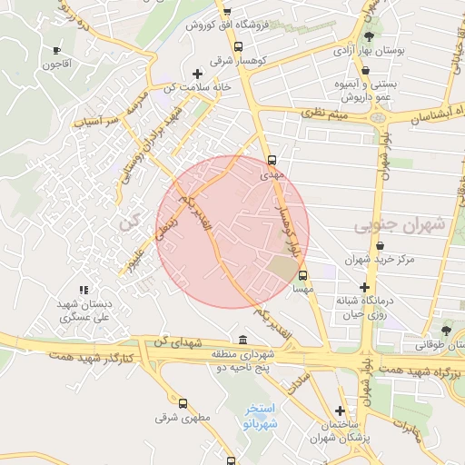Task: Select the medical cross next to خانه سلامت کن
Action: tap(197, 74)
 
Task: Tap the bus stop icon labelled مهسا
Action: tap(302, 275)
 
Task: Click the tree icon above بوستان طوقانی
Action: tap(444, 330)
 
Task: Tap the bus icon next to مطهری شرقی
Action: tap(183, 402)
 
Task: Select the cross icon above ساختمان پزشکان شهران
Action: tap(340, 411)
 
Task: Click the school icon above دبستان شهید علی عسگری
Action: tap(84, 290)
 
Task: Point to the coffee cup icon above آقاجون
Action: tap(58, 51)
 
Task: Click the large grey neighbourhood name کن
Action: tap(129, 221)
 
